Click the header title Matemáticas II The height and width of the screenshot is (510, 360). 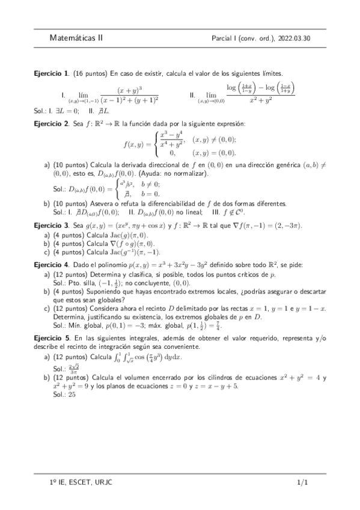coord(77,37)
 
